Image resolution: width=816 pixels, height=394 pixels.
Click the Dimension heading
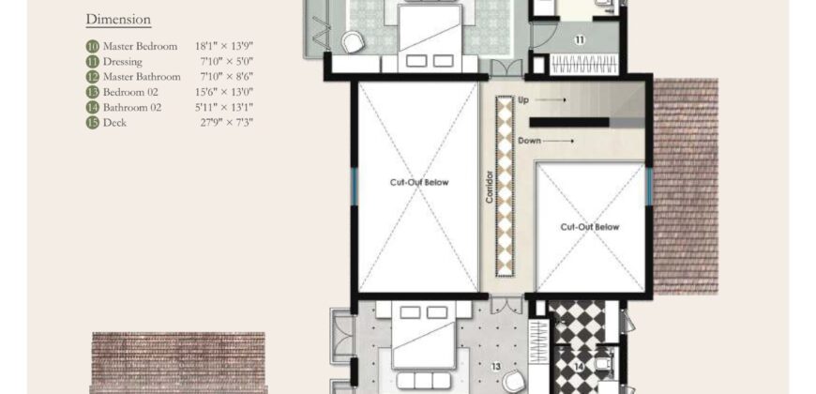(x=118, y=19)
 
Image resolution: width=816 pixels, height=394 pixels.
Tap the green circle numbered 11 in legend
(x=92, y=61)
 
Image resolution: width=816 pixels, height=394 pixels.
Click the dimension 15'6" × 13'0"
(x=225, y=92)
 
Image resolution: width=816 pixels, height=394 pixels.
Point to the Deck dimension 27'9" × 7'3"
(x=225, y=122)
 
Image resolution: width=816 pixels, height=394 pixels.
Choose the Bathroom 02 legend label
(x=137, y=107)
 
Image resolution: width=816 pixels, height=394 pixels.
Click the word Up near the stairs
(x=523, y=98)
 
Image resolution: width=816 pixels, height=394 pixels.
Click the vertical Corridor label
(x=490, y=187)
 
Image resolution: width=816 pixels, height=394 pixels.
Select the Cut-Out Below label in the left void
(x=418, y=182)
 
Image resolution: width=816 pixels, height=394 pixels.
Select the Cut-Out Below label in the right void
(x=590, y=227)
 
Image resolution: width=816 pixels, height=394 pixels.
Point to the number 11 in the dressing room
(x=580, y=39)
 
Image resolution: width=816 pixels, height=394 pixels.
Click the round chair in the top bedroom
(x=353, y=42)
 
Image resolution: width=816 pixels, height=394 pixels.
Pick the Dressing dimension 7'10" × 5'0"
(x=225, y=61)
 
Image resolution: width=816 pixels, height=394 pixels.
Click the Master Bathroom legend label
(x=142, y=76)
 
